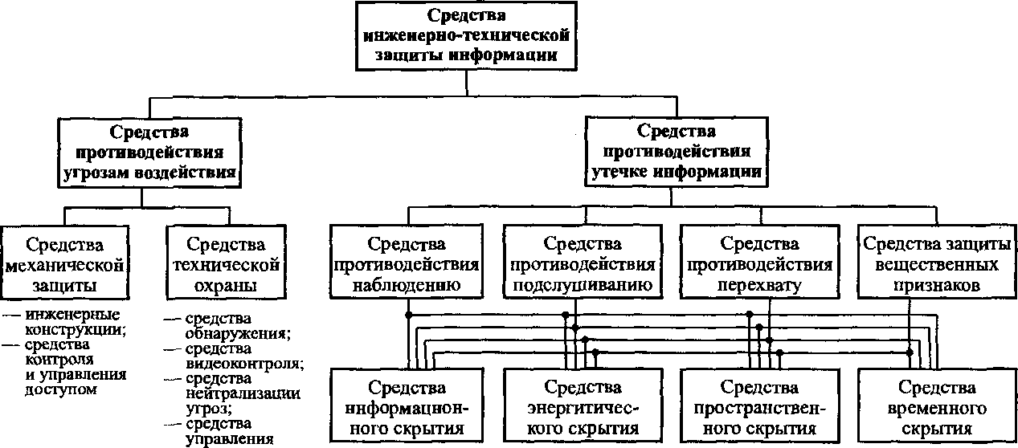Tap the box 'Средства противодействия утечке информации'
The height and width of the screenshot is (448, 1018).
coord(677,150)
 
